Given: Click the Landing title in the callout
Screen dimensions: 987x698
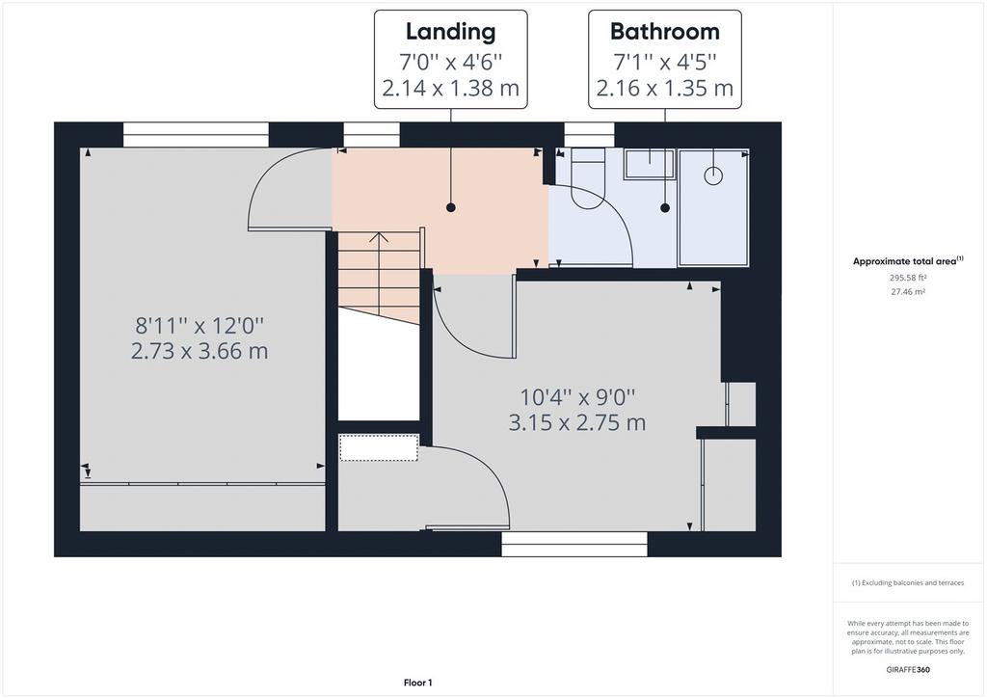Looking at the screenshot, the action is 450,32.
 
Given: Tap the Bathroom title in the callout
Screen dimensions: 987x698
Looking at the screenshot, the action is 665,32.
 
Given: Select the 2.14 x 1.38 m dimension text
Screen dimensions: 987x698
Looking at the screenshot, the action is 450,88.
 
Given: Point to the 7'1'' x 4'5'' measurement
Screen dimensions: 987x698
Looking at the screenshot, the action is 665,62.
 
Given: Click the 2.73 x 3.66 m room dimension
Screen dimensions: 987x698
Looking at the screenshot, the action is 200,351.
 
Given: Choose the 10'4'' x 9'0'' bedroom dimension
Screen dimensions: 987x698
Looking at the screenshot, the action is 577,397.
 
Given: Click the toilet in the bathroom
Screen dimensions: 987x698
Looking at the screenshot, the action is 588,178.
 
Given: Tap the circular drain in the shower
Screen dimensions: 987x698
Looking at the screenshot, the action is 712,175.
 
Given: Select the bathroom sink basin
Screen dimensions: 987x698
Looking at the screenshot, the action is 650,164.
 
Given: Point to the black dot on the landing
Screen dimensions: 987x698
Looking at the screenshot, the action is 451,207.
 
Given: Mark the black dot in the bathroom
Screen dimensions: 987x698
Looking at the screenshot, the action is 665,207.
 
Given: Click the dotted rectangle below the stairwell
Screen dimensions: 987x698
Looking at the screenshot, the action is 379,447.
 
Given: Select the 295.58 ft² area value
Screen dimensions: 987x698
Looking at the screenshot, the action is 907,277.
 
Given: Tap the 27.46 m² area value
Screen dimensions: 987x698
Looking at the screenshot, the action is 907,292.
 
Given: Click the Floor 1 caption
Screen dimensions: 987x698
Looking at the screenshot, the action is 418,683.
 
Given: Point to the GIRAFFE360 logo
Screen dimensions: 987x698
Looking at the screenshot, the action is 908,670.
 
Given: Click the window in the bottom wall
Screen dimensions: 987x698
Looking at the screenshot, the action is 574,545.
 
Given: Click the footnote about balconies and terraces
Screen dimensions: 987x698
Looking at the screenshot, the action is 908,583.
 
